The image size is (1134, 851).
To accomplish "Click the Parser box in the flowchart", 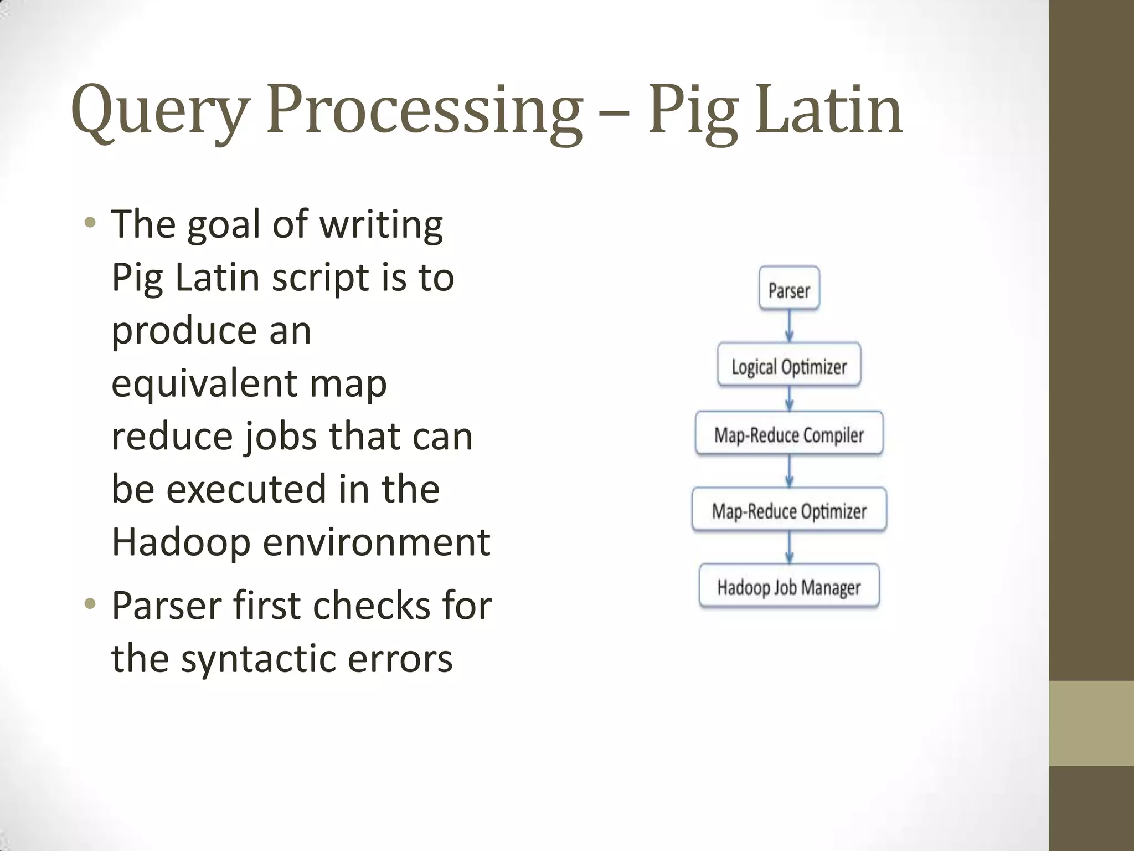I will [x=789, y=289].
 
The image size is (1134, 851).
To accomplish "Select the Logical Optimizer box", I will [x=789, y=366].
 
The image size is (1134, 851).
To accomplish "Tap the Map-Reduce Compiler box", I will [x=789, y=434].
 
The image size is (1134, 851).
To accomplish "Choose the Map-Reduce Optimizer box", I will [x=789, y=510].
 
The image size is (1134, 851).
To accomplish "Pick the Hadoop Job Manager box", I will [x=789, y=587].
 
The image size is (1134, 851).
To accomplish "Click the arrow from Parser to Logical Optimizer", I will [x=790, y=326].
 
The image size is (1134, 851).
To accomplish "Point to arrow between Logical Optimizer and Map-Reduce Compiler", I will [x=790, y=398].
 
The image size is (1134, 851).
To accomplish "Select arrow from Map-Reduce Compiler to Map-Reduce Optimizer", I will [x=790, y=471].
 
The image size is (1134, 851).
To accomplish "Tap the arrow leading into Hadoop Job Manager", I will [x=790, y=547].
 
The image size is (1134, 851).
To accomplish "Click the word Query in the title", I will [x=161, y=111].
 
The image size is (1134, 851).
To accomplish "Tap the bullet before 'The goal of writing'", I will [x=90, y=223].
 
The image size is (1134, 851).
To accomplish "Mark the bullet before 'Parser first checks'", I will [x=90, y=603].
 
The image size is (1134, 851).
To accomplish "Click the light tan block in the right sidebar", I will [x=1091, y=723].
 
